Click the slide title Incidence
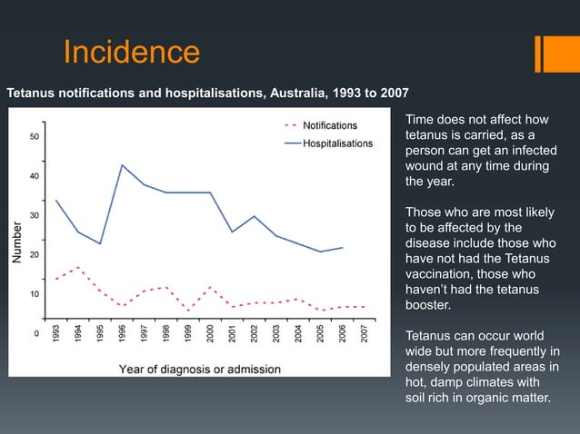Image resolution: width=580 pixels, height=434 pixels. coord(131,52)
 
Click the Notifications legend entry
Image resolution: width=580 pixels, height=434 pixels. coord(329,125)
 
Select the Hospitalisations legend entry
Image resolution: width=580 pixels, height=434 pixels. coord(336,143)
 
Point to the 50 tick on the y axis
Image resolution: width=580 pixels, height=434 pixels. coord(35,137)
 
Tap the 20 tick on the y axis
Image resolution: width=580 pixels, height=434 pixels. coord(35,255)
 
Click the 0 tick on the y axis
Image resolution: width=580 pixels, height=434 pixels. coord(36,333)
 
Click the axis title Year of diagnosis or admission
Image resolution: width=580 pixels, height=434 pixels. coord(200,369)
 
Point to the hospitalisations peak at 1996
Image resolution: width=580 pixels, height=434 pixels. coord(122,165)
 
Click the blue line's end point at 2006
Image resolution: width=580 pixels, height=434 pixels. coord(343,247)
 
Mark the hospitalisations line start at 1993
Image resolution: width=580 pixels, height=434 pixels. coord(56,201)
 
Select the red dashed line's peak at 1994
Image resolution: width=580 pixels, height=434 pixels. coord(78,268)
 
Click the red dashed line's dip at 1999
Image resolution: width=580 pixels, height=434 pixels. coord(188,311)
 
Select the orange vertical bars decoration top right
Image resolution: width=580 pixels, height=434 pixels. coord(551,52)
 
